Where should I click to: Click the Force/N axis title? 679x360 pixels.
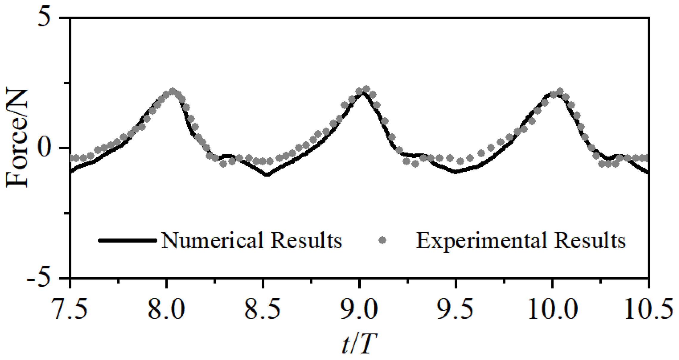tap(17, 139)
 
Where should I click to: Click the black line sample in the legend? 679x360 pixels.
tap(128, 240)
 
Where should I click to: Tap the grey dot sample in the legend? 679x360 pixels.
tap(382, 240)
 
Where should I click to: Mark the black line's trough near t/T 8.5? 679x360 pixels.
tap(267, 175)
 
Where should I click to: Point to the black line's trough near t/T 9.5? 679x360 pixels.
tap(455, 172)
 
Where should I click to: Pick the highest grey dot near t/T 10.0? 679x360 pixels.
tap(560, 91)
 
